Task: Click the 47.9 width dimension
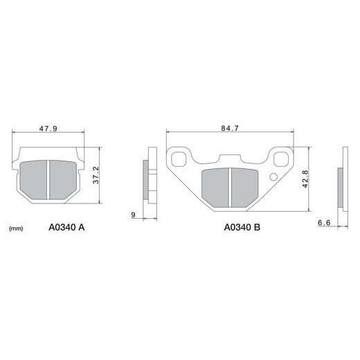point(48,129)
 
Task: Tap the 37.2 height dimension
point(96,175)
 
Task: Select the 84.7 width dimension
point(230,128)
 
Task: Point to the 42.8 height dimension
point(305,179)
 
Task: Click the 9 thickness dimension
point(133,215)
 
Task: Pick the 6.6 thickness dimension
point(324,223)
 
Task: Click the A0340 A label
point(66,228)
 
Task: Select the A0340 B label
point(242,228)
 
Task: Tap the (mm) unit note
point(16,228)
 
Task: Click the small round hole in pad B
point(273,177)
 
